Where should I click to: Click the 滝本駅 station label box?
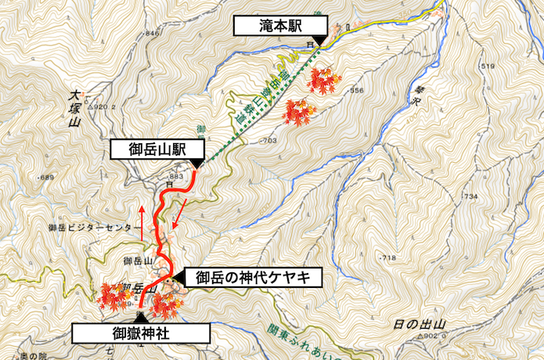click(x=278, y=27)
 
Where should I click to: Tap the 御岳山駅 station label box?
click(x=157, y=149)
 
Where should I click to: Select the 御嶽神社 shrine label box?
click(x=141, y=333)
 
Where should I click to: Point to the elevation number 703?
click(x=268, y=142)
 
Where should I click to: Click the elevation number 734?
click(x=470, y=196)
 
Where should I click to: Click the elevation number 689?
click(x=45, y=178)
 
